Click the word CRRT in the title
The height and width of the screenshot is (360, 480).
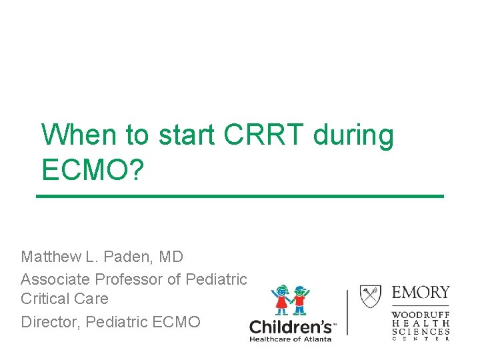pos(266,135)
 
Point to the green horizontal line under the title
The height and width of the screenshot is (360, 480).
pos(239,196)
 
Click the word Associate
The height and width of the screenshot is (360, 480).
pos(56,279)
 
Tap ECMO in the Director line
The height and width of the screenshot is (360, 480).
pos(176,322)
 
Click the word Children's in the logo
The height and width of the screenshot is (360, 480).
pos(291,327)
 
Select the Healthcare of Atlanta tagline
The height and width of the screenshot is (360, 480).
pos(291,339)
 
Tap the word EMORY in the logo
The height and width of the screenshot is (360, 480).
pos(420,293)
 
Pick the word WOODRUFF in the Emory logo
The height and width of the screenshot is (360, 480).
pos(420,313)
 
